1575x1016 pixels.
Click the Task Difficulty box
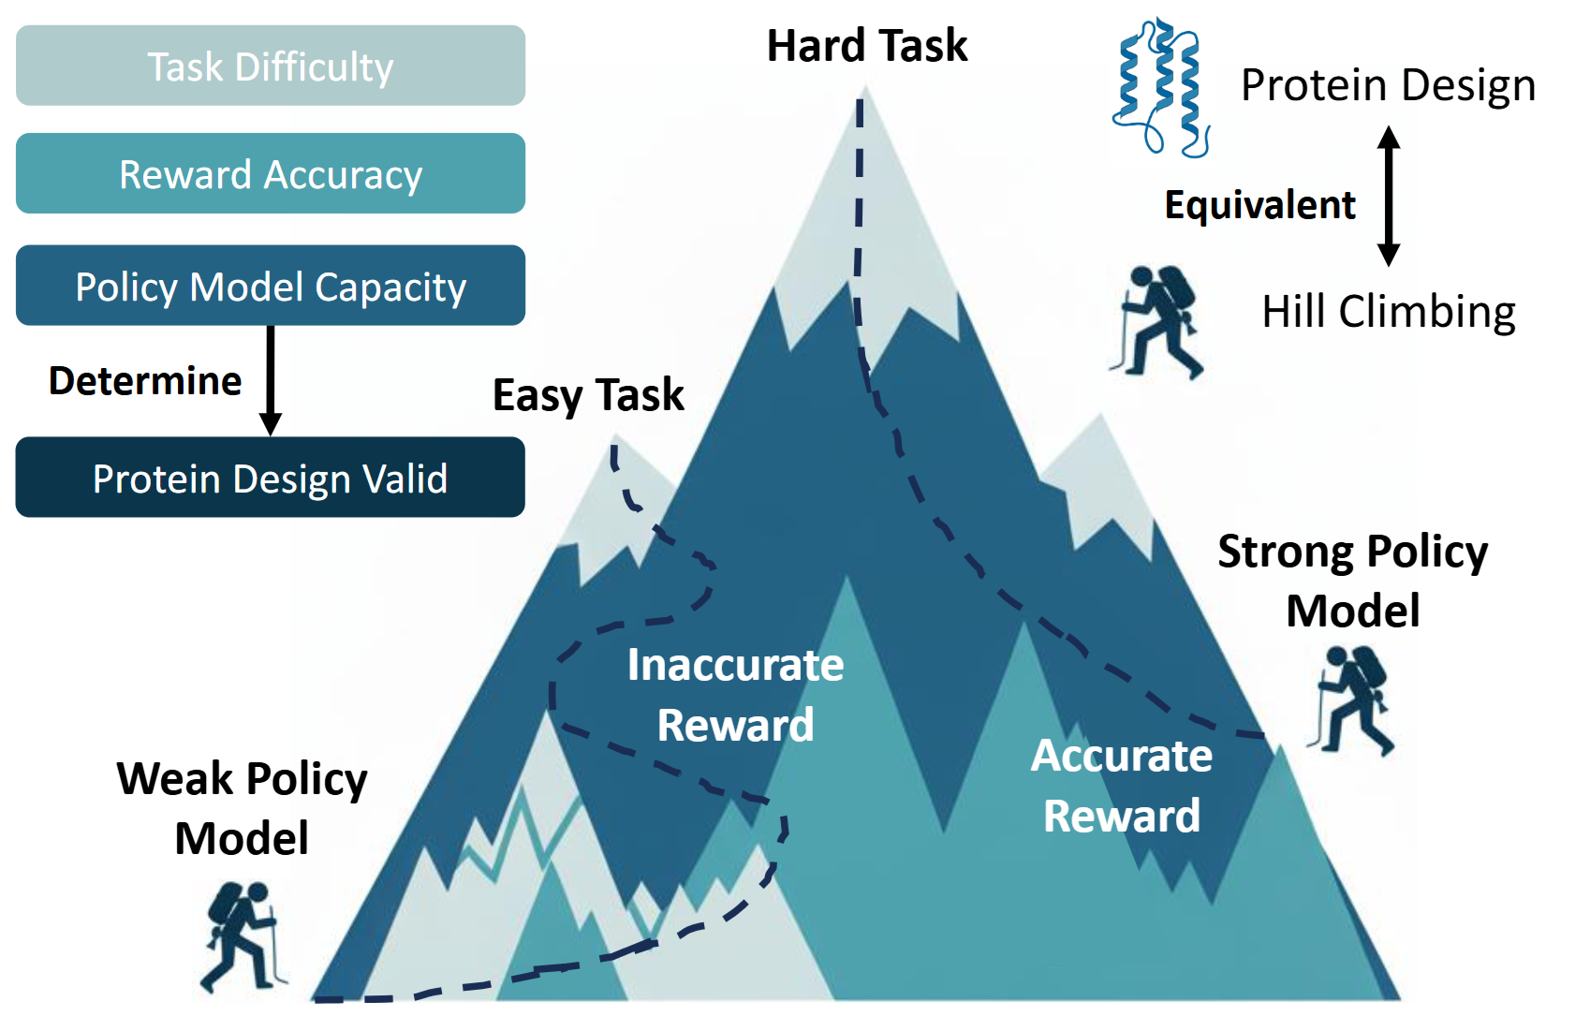point(271,66)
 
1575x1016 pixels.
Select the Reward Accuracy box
point(271,173)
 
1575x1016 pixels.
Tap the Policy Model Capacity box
point(271,286)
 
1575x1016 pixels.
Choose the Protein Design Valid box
point(271,478)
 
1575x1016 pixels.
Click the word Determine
point(145,381)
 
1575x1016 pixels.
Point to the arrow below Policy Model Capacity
point(271,380)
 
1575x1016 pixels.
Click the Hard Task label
point(867,47)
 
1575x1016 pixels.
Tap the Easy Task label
point(588,396)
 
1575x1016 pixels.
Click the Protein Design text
point(1388,86)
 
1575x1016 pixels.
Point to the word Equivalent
point(1260,205)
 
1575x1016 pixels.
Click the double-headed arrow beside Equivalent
point(1388,196)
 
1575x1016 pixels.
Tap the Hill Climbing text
point(1389,312)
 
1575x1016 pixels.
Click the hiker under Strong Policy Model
point(1351,701)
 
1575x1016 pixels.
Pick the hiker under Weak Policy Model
point(243,937)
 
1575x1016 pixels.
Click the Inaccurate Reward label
point(735,695)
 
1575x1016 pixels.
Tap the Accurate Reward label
point(1122,786)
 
